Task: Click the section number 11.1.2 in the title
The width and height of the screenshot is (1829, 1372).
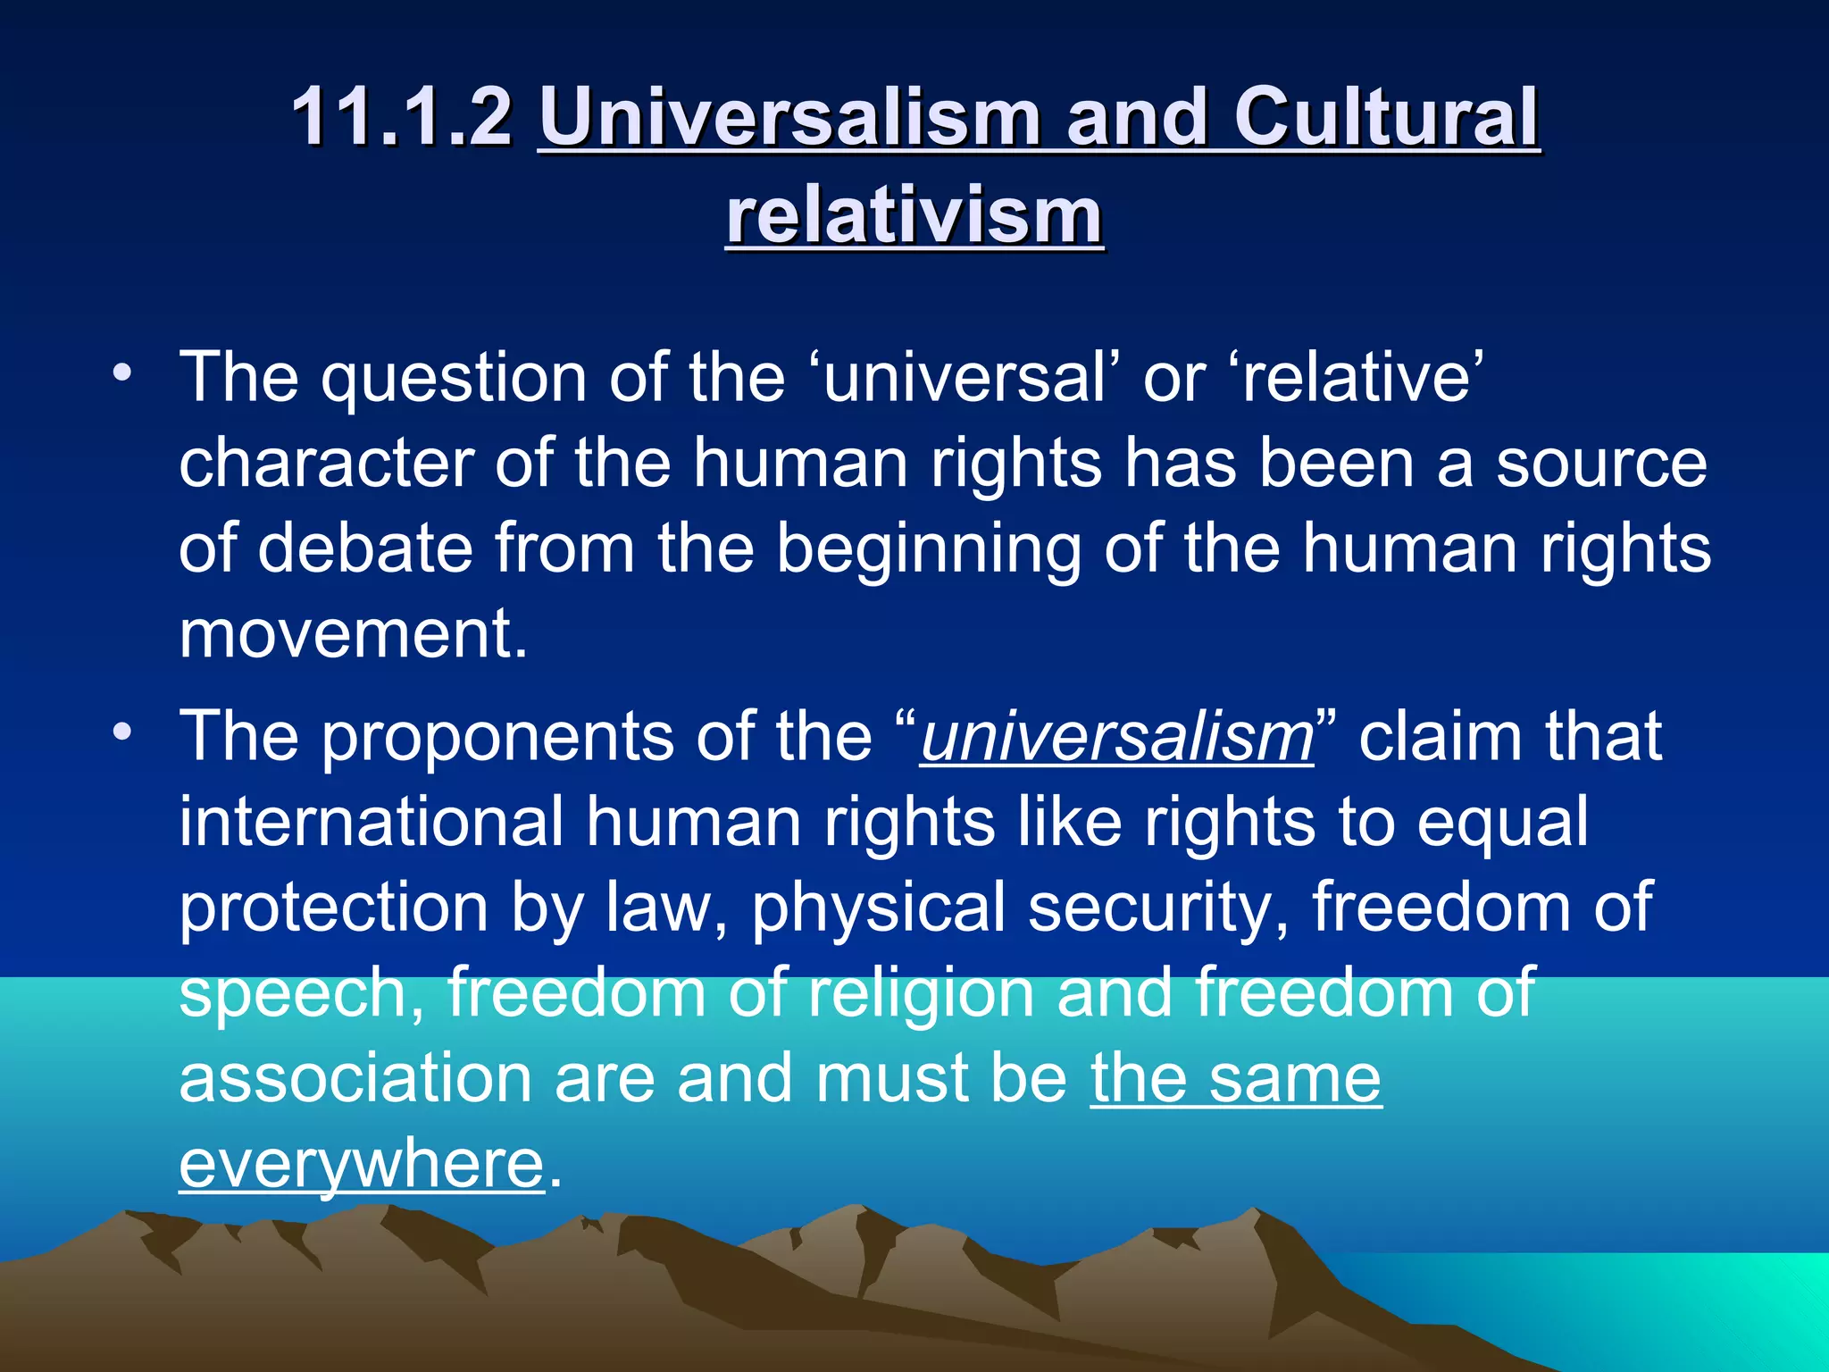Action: coord(402,116)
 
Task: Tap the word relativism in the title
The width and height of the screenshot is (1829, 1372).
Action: coord(914,216)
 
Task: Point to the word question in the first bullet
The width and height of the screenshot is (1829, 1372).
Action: coord(453,379)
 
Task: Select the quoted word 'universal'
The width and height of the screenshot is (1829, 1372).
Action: coord(965,377)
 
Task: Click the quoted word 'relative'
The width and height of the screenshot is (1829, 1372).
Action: coord(1357,377)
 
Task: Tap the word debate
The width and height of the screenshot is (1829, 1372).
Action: coord(365,547)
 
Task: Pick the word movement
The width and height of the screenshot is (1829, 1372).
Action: coord(354,633)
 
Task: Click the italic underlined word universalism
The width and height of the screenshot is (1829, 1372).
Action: coord(1116,737)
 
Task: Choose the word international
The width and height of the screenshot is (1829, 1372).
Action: coord(371,822)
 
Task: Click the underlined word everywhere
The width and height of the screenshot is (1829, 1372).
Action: coord(361,1165)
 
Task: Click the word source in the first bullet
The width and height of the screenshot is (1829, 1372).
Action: coord(1601,463)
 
